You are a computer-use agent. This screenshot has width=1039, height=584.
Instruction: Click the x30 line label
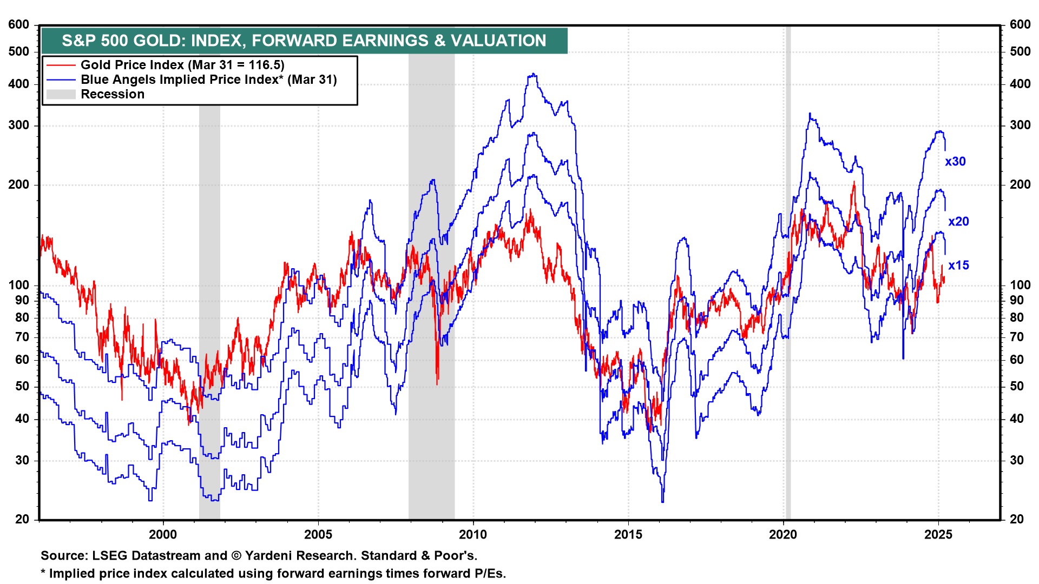[955, 162]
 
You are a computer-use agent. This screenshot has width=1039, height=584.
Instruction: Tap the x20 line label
[958, 222]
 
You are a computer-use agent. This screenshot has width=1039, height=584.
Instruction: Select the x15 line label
[958, 266]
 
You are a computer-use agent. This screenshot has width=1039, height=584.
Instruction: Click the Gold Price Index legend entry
[182, 65]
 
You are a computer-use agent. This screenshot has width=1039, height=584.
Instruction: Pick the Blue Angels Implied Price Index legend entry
[208, 79]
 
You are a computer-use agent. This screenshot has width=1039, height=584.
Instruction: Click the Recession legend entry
[113, 94]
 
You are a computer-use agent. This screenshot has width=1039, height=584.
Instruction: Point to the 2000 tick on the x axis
[163, 535]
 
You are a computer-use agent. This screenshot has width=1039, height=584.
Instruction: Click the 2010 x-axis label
[473, 535]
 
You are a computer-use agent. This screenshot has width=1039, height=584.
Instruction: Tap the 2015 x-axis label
[628, 535]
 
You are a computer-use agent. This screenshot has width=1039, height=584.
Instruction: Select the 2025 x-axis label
[938, 535]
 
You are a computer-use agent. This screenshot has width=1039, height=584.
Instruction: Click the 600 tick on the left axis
[19, 24]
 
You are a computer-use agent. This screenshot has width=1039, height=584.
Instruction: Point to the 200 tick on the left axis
[19, 184]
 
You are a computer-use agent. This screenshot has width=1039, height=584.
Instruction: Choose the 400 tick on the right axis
[1020, 84]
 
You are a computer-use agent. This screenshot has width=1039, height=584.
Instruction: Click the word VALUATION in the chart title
[498, 41]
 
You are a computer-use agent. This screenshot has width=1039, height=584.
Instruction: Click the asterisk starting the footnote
[43, 573]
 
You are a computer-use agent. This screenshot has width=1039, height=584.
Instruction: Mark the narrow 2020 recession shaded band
[788, 270]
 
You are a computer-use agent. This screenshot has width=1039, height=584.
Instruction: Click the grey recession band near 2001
[209, 303]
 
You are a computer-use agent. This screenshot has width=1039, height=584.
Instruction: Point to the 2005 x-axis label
[318, 535]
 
